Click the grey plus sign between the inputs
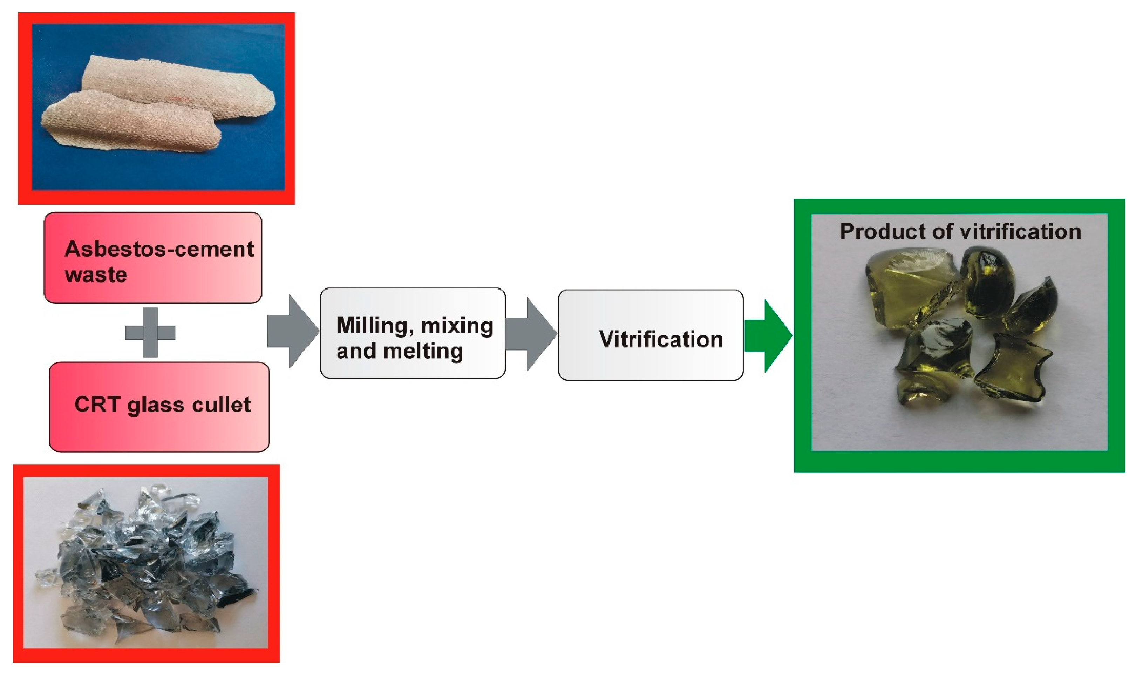150,333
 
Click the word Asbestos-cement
159,249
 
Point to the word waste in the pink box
96,275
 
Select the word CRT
97,405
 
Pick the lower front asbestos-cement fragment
128,123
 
